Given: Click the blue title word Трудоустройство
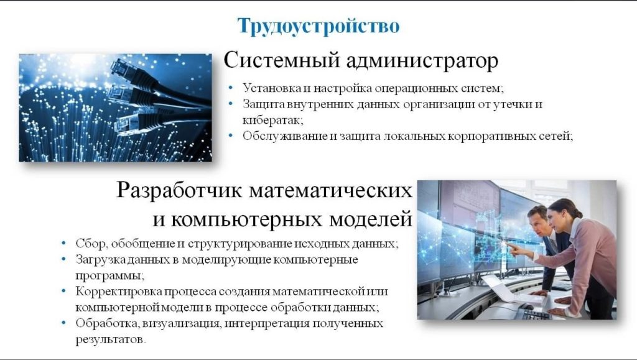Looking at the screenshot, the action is [318, 25].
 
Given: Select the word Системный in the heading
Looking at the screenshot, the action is [282, 60].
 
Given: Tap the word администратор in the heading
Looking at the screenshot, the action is [422, 61].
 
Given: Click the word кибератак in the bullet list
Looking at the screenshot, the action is [272, 120].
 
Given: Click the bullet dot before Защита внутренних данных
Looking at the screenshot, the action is [231, 104].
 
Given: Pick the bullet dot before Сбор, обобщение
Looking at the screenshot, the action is [63, 243].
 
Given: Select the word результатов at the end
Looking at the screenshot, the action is [110, 339].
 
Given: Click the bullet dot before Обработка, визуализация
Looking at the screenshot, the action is [63, 323].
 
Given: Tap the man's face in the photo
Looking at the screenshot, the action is [539, 224].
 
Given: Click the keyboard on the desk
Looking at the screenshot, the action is [536, 315].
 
